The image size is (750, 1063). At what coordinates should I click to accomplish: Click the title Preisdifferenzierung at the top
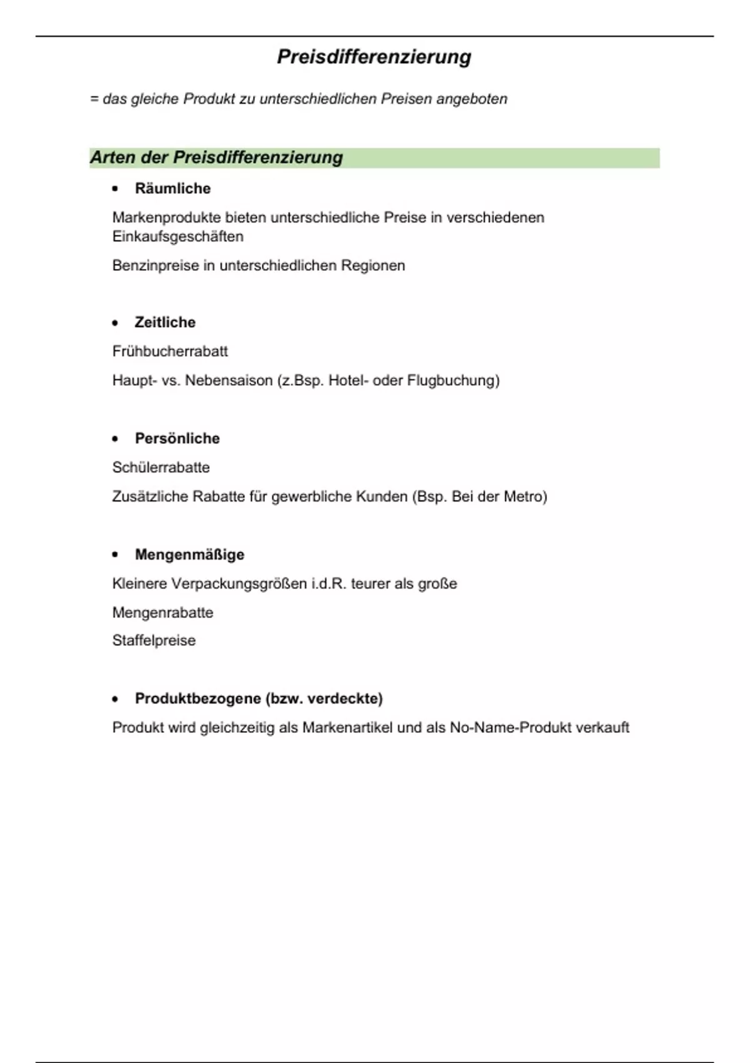tap(374, 57)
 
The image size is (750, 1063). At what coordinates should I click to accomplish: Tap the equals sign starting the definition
tap(94, 99)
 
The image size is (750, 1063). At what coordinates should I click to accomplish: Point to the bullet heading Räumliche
tap(172, 188)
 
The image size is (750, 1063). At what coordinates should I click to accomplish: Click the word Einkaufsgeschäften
tap(177, 236)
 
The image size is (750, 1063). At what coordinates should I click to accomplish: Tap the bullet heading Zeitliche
tap(165, 322)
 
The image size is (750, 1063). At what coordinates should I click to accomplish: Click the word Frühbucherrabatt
tap(170, 351)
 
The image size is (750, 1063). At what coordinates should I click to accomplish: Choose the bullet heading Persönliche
tap(177, 438)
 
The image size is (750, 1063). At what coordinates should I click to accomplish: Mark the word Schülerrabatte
tap(161, 467)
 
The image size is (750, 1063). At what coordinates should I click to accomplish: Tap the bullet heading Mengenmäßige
tap(189, 555)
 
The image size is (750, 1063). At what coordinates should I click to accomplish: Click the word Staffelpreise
tap(154, 640)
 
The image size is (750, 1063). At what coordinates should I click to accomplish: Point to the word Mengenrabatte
tap(162, 612)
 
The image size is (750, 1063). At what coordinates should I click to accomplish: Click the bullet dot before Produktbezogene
tap(115, 699)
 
